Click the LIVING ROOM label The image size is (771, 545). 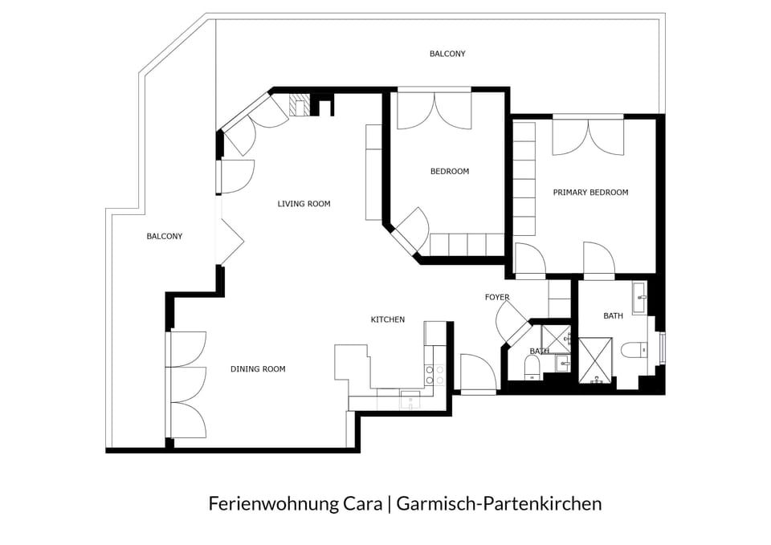tap(304, 203)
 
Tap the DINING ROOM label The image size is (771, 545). tap(258, 369)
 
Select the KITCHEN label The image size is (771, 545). tap(387, 319)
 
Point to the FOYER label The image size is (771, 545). tap(497, 297)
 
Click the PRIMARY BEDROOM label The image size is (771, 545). tap(590, 193)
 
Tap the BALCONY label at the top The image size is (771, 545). tap(447, 54)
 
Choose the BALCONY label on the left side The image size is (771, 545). tap(164, 236)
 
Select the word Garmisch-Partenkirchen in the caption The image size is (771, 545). tap(499, 504)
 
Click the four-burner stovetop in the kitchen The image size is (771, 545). tap(434, 375)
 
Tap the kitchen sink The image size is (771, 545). tap(410, 400)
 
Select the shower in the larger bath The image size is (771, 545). tap(595, 361)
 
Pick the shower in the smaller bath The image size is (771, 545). tap(556, 339)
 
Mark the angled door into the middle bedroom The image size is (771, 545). tap(412, 230)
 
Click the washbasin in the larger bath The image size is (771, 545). tap(640, 298)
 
